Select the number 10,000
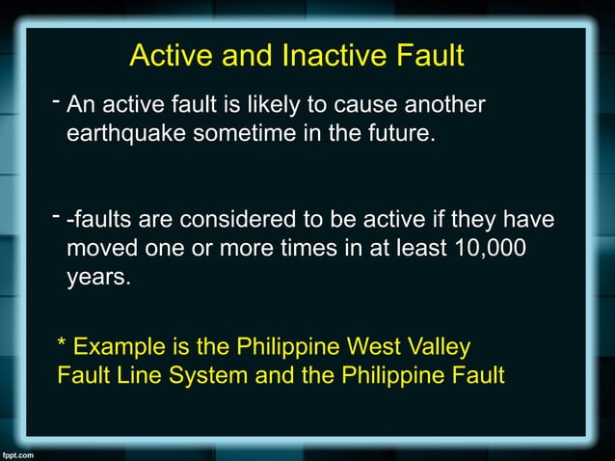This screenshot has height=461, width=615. pos(492,249)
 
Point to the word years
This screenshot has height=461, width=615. pos(97,279)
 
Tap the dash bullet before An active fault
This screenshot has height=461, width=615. pos(57,100)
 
